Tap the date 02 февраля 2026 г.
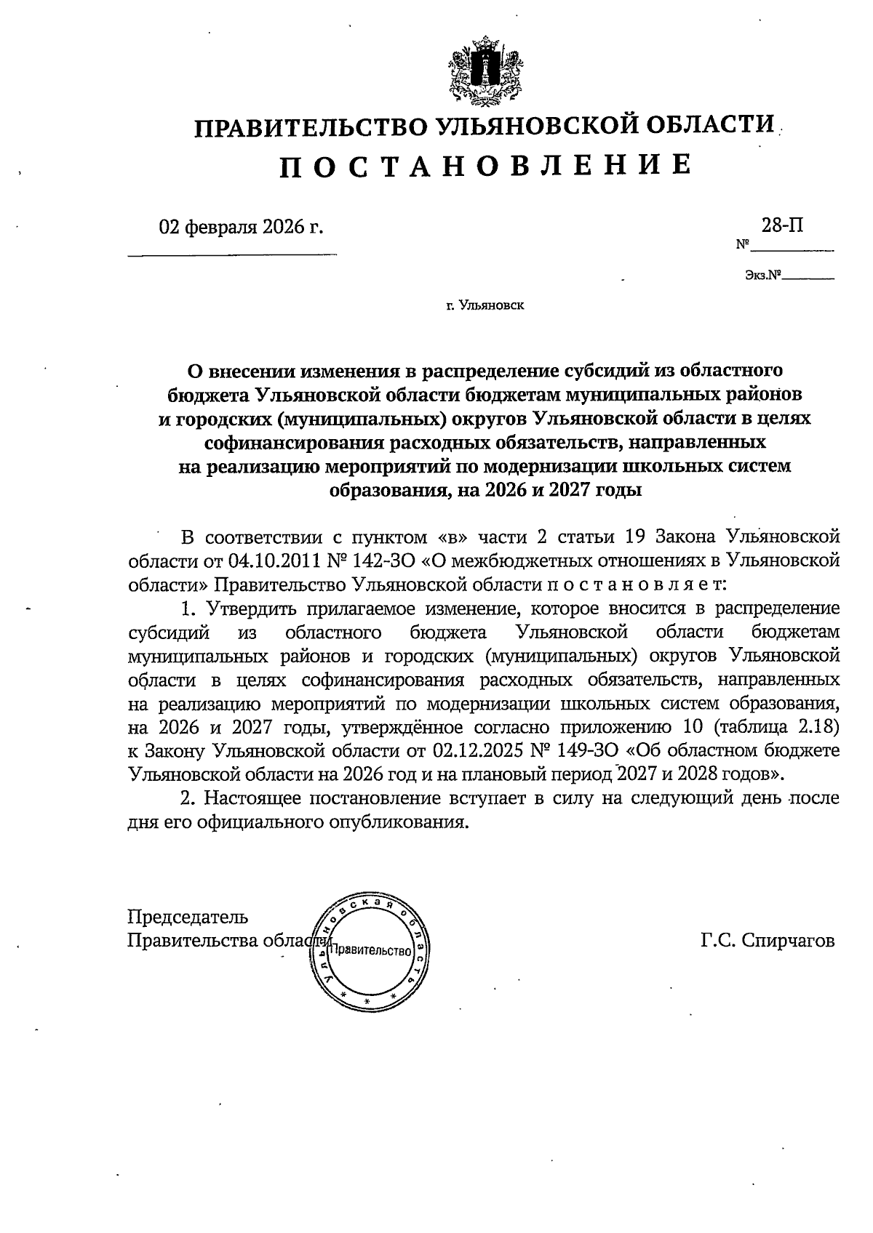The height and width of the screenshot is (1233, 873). click(x=241, y=227)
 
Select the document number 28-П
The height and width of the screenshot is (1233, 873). click(x=783, y=225)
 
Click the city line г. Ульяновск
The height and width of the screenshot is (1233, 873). click(x=485, y=305)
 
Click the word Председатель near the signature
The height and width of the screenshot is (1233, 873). click(x=188, y=917)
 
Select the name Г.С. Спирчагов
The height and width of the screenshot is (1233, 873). click(x=768, y=941)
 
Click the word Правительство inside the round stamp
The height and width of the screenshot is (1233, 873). click(x=371, y=950)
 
